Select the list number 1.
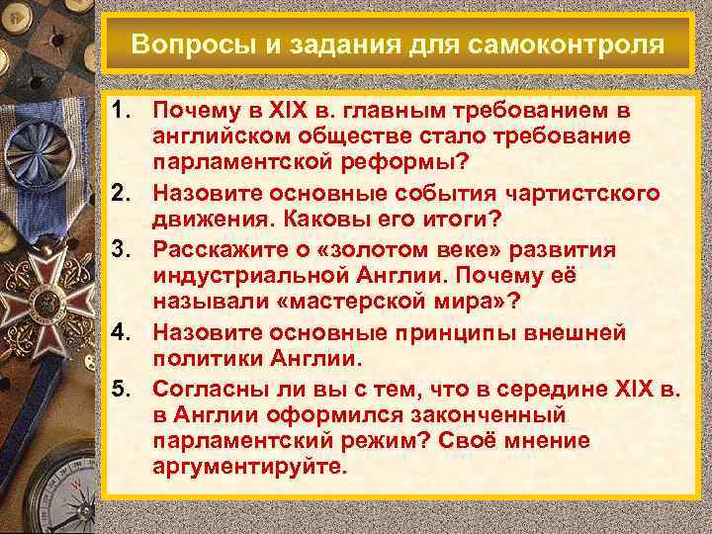pyautogui.click(x=122, y=112)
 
